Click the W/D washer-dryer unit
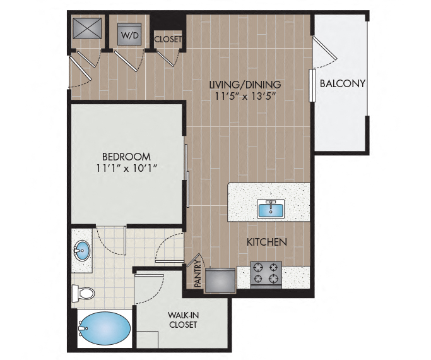(129, 34)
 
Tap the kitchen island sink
(271, 209)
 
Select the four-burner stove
(266, 275)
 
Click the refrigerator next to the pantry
(220, 280)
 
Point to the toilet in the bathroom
(83, 293)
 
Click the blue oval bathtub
(104, 328)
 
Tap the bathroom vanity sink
(81, 251)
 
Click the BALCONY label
(343, 83)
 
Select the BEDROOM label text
(126, 157)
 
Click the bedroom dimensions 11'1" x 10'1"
(126, 168)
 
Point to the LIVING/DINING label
(245, 85)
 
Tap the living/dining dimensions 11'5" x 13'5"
(245, 96)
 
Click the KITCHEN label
(267, 242)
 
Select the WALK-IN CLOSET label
(183, 320)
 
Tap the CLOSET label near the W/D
(168, 39)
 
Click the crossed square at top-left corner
(87, 28)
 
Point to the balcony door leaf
(325, 49)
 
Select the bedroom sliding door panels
(187, 176)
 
